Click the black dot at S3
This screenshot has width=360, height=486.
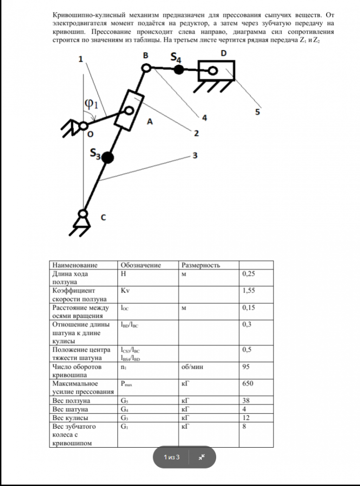click(108, 157)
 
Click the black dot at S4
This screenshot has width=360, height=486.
click(179, 69)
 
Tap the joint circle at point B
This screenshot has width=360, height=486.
click(145, 69)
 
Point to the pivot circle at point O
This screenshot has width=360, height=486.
click(84, 125)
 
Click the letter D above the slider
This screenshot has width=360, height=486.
click(223, 52)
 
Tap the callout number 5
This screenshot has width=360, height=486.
click(257, 113)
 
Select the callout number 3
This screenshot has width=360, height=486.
click(195, 156)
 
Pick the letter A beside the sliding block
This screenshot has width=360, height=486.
click(150, 122)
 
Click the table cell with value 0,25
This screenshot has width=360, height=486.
click(248, 274)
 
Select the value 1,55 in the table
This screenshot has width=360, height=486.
click(248, 291)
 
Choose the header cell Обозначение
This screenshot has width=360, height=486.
click(140, 265)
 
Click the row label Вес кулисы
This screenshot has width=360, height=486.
click(70, 417)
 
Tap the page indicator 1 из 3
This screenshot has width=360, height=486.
click(171, 457)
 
